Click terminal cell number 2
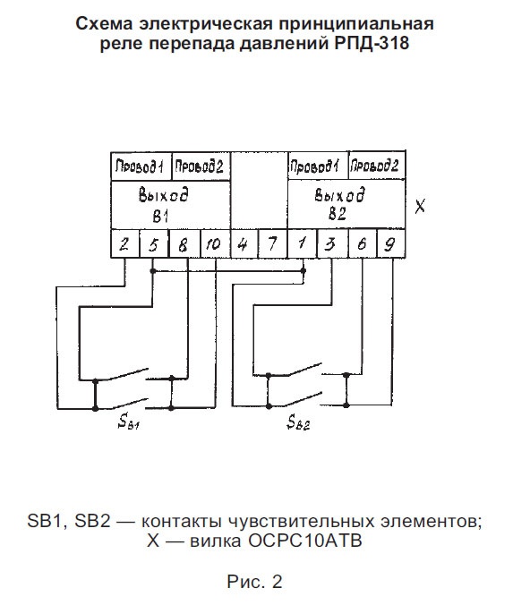[124, 243]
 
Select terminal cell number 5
[154, 243]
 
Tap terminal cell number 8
[184, 243]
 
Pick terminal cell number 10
[215, 243]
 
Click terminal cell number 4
[244, 243]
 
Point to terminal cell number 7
[272, 243]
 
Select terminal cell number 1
[303, 243]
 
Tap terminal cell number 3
[332, 243]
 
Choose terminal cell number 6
[362, 243]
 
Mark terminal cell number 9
[390, 243]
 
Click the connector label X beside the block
[420, 206]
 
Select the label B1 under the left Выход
[160, 217]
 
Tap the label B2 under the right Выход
[337, 214]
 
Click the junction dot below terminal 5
[153, 271]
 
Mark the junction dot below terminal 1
[303, 271]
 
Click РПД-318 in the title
[372, 42]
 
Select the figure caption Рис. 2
[255, 582]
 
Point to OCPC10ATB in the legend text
[305, 541]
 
